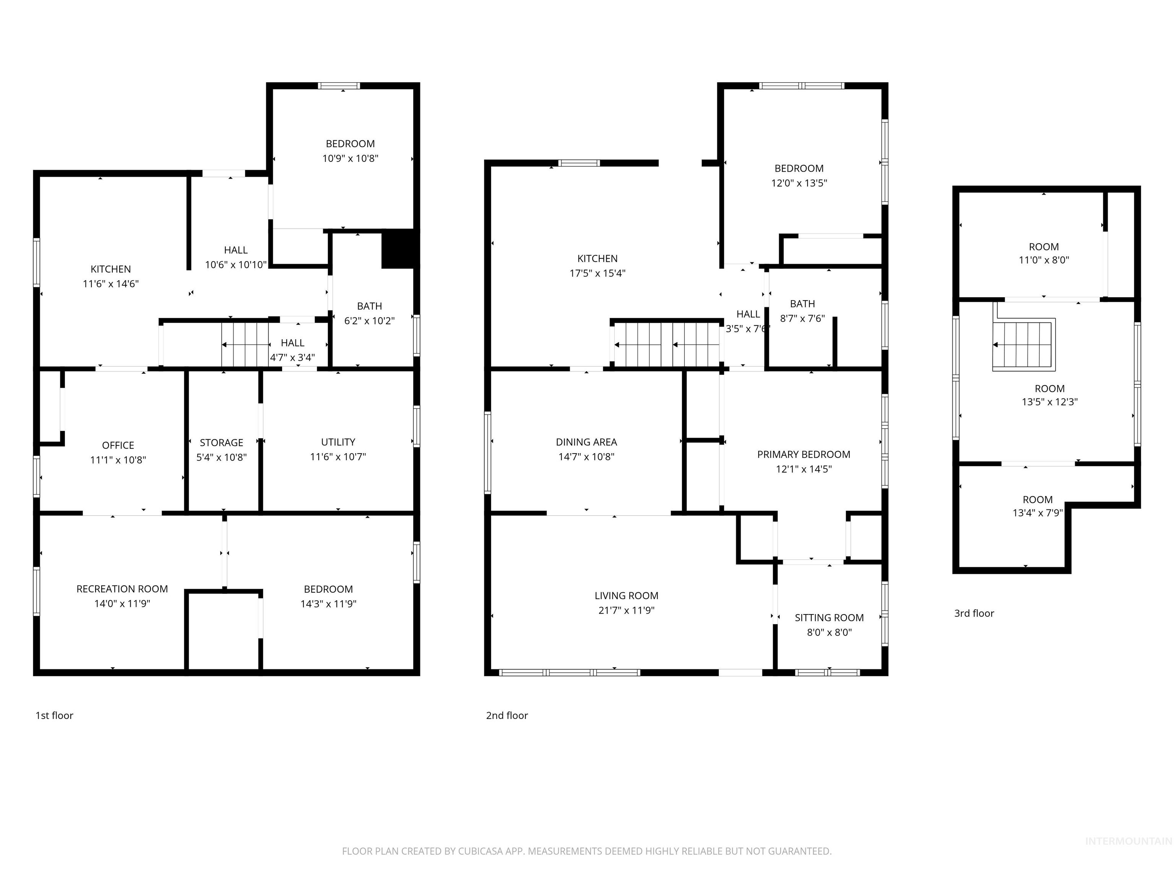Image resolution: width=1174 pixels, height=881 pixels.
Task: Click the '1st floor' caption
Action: point(54,715)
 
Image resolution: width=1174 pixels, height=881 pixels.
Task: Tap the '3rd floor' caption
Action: point(974,613)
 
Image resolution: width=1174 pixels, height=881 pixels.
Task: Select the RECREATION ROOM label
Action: point(122,589)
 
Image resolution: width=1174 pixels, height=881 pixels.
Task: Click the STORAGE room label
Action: point(221,442)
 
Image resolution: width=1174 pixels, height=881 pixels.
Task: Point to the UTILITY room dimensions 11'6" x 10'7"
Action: point(338,457)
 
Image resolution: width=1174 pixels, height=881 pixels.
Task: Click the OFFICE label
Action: point(118,445)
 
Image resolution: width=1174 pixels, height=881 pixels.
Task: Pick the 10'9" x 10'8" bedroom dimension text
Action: point(350,158)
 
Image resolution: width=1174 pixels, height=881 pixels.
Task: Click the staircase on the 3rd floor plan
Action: point(1023,345)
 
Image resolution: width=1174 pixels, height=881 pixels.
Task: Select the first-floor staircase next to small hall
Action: point(245,345)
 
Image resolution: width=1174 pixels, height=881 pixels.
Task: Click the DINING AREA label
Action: point(587,442)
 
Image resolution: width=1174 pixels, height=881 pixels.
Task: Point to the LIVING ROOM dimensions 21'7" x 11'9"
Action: point(626,610)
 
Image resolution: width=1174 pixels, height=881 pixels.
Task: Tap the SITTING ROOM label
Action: point(829,618)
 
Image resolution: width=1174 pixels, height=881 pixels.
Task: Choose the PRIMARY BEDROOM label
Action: point(804,454)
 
